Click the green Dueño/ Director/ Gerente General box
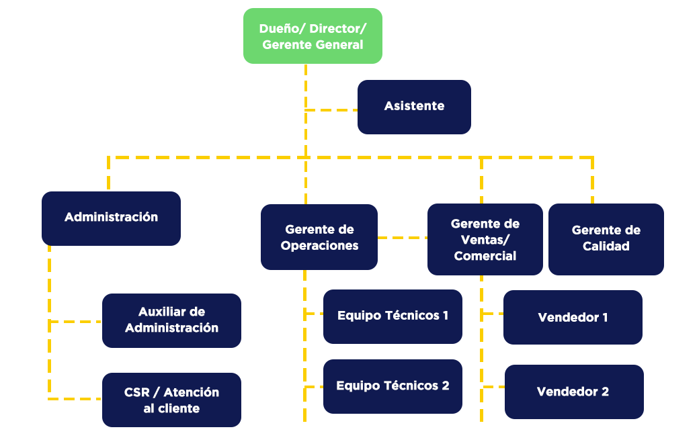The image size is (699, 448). (x=313, y=36)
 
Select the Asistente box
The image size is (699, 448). (x=414, y=107)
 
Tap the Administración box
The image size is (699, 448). (x=111, y=218)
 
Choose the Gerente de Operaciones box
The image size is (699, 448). (x=319, y=237)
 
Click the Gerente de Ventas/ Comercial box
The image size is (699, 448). (x=485, y=240)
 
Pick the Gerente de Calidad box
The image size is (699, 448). (x=606, y=238)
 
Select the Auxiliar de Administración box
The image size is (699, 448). (x=171, y=320)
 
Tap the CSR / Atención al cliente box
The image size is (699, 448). (x=171, y=400)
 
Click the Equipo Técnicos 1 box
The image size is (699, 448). (x=393, y=316)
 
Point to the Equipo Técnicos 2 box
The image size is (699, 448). (x=393, y=386)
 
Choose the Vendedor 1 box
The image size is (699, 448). (x=573, y=317)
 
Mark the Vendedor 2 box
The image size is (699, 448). (x=573, y=392)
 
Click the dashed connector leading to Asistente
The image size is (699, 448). (x=331, y=109)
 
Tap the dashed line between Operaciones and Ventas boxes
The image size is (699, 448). (x=402, y=237)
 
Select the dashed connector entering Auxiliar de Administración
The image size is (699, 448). (x=75, y=321)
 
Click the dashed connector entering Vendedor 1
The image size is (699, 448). (x=492, y=313)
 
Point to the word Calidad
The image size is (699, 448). (x=606, y=247)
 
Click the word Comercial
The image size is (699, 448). (x=485, y=256)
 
